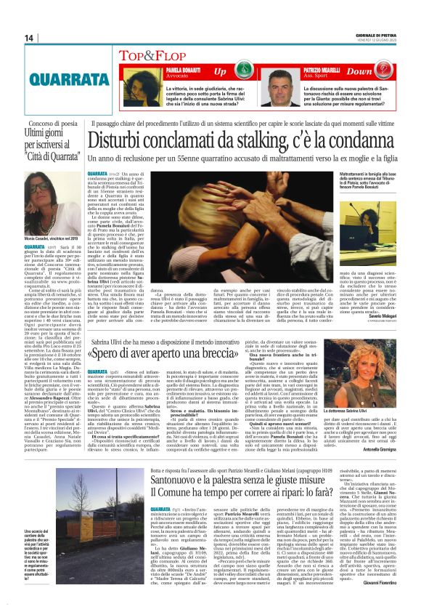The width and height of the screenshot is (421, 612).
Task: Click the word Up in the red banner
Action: click(219, 71)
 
